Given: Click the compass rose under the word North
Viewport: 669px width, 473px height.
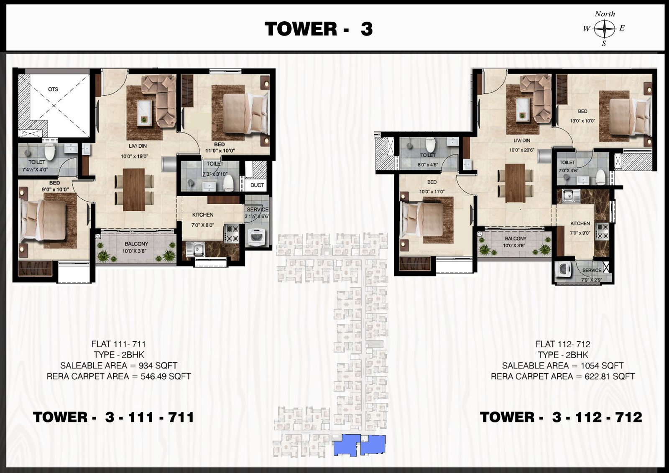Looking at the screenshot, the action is (605, 29).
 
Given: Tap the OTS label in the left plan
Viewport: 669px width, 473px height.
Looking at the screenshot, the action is (53, 89).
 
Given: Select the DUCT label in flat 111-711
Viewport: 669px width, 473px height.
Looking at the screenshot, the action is (257, 185).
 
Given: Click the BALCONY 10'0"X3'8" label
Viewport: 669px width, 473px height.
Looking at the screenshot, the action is (136, 248).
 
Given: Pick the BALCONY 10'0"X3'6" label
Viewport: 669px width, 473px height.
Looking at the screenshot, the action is (516, 242).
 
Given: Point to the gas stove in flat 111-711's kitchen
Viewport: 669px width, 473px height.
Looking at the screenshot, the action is (232, 233).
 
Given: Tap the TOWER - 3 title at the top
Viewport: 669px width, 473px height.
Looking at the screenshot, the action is (319, 29).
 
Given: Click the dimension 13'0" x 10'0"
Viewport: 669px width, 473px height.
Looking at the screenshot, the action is (582, 121).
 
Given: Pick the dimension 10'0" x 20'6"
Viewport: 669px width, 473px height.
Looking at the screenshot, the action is (521, 150).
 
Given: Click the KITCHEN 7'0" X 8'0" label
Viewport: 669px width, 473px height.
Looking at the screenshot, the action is (203, 220).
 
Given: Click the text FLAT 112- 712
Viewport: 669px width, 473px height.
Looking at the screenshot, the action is (563, 344).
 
